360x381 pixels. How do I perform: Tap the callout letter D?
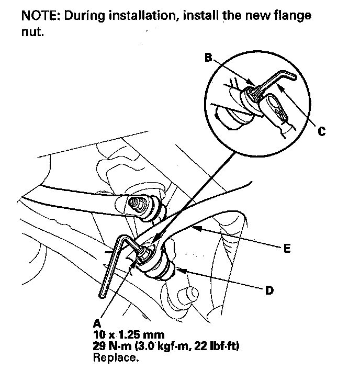269,290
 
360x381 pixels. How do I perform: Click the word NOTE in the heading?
39,15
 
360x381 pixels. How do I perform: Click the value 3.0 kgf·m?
168,346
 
